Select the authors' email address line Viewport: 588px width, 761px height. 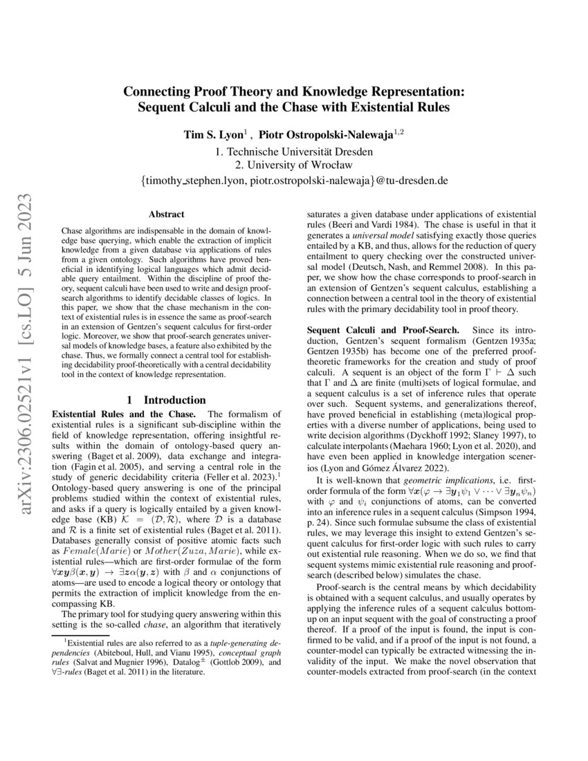click(294, 181)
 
